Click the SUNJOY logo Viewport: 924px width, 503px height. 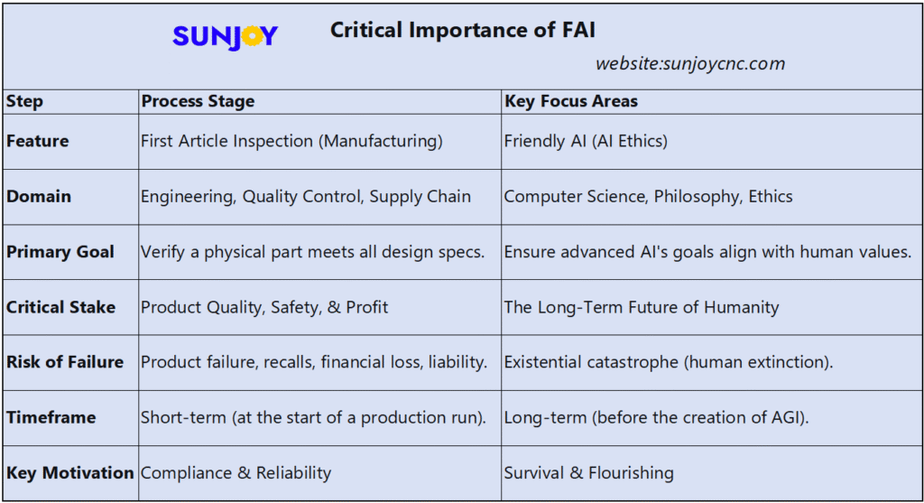pyautogui.click(x=225, y=35)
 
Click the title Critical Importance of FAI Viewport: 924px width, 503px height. pyautogui.click(x=462, y=30)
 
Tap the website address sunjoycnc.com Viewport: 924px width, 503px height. pyautogui.click(x=689, y=64)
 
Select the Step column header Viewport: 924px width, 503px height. pyautogui.click(x=24, y=101)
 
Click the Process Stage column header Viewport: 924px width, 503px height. pyautogui.click(x=198, y=101)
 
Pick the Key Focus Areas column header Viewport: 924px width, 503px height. pyautogui.click(x=571, y=101)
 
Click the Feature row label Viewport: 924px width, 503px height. pyautogui.click(x=38, y=141)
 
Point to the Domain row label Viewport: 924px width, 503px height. pyautogui.click(x=39, y=196)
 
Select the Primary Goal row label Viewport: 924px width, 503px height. pyautogui.click(x=60, y=252)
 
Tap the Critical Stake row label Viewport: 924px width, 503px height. pyautogui.click(x=61, y=307)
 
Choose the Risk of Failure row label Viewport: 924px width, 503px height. pyautogui.click(x=65, y=362)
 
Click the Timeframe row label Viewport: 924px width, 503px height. pyautogui.click(x=51, y=418)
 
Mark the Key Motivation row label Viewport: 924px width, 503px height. pyautogui.click(x=70, y=472)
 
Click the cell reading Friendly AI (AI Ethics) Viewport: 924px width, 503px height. pyautogui.click(x=586, y=141)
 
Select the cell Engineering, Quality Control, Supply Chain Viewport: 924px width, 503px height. pyautogui.click(x=306, y=196)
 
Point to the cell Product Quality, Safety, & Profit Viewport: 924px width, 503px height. pyautogui.click(x=264, y=307)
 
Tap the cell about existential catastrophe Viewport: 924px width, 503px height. pyautogui.click(x=669, y=362)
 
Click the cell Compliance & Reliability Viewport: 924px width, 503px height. pyautogui.click(x=236, y=472)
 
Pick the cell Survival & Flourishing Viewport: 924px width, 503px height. pyautogui.click(x=589, y=472)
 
